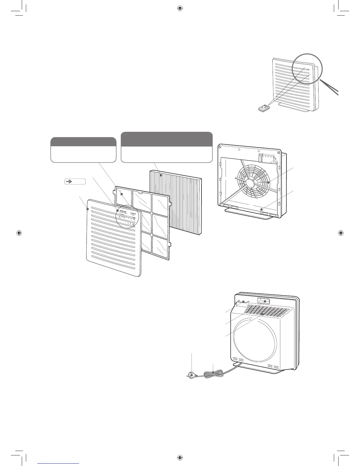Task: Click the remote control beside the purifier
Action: [x=264, y=108]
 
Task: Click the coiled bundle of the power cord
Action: [x=213, y=373]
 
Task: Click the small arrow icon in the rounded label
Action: [x=70, y=182]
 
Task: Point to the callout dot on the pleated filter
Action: [x=161, y=175]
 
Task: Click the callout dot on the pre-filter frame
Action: [x=121, y=194]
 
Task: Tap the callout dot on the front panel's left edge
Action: [x=88, y=209]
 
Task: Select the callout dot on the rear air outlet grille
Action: [x=262, y=314]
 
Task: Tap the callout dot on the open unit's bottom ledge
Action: [x=261, y=209]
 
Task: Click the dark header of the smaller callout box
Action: [x=83, y=142]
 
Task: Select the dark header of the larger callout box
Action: [x=167, y=139]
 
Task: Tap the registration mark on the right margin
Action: [x=340, y=233]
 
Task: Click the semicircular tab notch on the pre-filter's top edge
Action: [x=140, y=193]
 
